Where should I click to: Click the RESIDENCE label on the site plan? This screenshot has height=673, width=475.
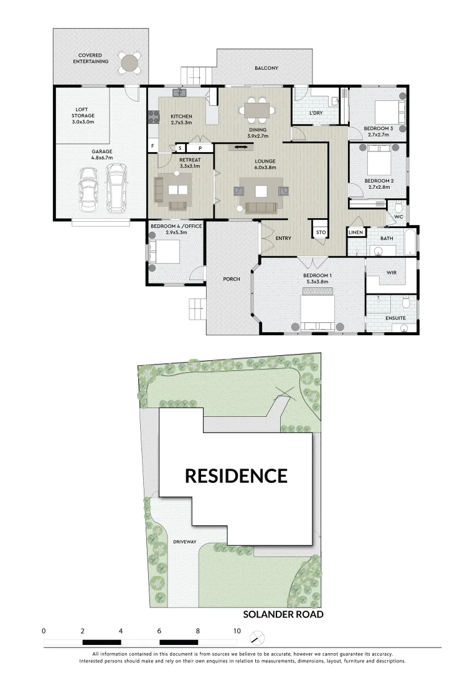[236, 476]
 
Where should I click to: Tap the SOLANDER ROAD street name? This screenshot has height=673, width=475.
[283, 614]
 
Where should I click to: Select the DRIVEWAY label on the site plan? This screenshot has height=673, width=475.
[184, 542]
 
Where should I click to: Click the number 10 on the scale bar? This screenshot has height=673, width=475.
[237, 631]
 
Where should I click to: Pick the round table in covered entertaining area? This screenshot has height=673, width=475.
[130, 62]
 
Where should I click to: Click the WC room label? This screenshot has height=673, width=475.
[398, 217]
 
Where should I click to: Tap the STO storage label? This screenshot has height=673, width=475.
[321, 232]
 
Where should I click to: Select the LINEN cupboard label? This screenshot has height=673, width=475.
[355, 232]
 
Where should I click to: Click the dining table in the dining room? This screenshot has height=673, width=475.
[257, 111]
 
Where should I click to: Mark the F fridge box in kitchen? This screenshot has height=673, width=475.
[153, 147]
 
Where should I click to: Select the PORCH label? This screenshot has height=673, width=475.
[232, 279]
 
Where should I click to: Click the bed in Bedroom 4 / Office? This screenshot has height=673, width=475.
[164, 253]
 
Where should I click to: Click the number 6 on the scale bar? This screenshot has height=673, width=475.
[159, 631]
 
